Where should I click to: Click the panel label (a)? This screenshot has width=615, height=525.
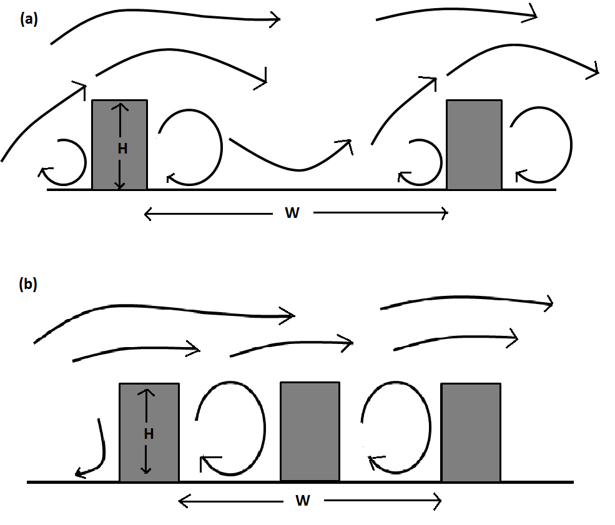coord(29,19)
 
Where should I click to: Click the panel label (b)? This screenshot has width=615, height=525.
coord(28,284)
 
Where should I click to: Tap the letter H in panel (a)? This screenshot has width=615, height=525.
coord(122,149)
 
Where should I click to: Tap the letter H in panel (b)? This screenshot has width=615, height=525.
coord(149,434)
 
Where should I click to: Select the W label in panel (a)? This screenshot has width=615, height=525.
coord(292,213)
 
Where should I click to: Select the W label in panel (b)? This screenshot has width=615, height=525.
coord(303,501)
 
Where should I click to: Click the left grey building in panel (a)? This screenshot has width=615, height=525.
coord(120,145)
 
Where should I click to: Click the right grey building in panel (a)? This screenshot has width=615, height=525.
coord(474,145)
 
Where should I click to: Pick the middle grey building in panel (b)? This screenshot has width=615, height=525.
coord(310,431)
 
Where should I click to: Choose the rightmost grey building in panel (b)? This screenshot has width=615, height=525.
coord(471,432)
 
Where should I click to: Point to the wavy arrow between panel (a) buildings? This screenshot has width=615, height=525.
coord(299,170)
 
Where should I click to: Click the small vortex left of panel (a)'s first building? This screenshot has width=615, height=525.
coord(85,161)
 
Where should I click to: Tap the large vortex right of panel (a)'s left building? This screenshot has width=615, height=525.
coord(222,147)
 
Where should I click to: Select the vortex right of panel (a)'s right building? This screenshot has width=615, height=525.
coord(571,144)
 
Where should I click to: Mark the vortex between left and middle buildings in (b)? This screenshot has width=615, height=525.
coord(265,428)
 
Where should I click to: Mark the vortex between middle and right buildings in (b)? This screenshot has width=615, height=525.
coord(431,428)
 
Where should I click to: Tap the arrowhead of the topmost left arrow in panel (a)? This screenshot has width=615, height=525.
coord(275,19)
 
